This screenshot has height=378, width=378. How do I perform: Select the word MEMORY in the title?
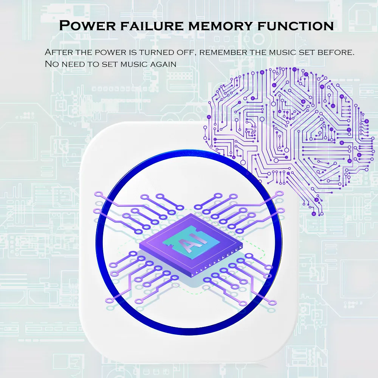tap(220, 26)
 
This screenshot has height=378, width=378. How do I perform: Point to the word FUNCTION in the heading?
tap(296, 26)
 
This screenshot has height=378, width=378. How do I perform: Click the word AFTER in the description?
tap(59, 52)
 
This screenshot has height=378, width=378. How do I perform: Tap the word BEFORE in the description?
tap(336, 52)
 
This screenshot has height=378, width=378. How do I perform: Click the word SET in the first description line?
tap(307, 52)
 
